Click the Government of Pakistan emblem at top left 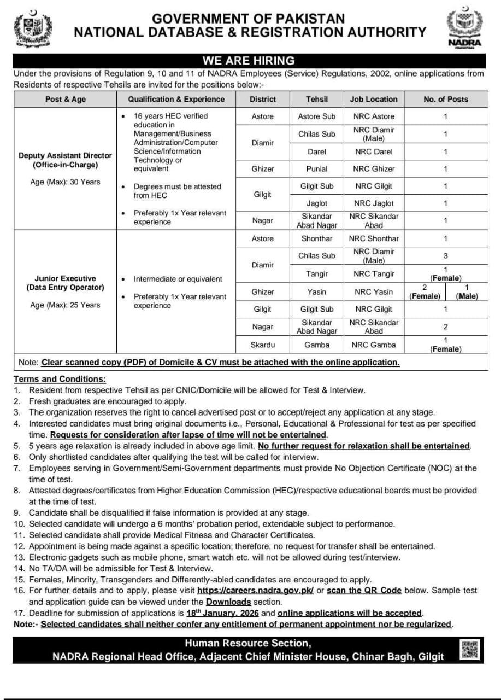coord(32,29)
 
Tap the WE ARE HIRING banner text coord(249,60)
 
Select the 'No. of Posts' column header coord(445,99)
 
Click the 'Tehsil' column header coord(317,99)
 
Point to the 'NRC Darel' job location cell coord(374,151)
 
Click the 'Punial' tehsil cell coord(317,169)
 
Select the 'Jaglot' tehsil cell coord(317,203)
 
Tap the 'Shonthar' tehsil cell coord(317,238)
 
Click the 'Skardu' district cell coord(262,345)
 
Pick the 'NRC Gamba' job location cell coord(374,345)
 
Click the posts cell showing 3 coord(445,255)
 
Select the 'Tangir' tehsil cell coord(317,274)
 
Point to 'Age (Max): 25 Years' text coord(65,305)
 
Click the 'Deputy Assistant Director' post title coord(65,155)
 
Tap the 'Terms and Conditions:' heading coord(60,379)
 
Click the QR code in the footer coord(470,649)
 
